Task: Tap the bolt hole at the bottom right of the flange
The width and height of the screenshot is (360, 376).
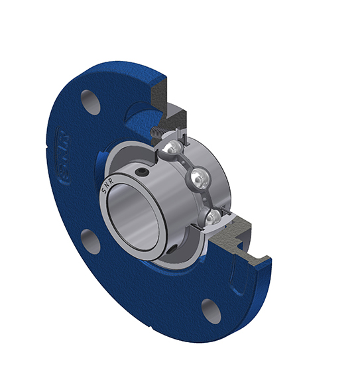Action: click(211, 310)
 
